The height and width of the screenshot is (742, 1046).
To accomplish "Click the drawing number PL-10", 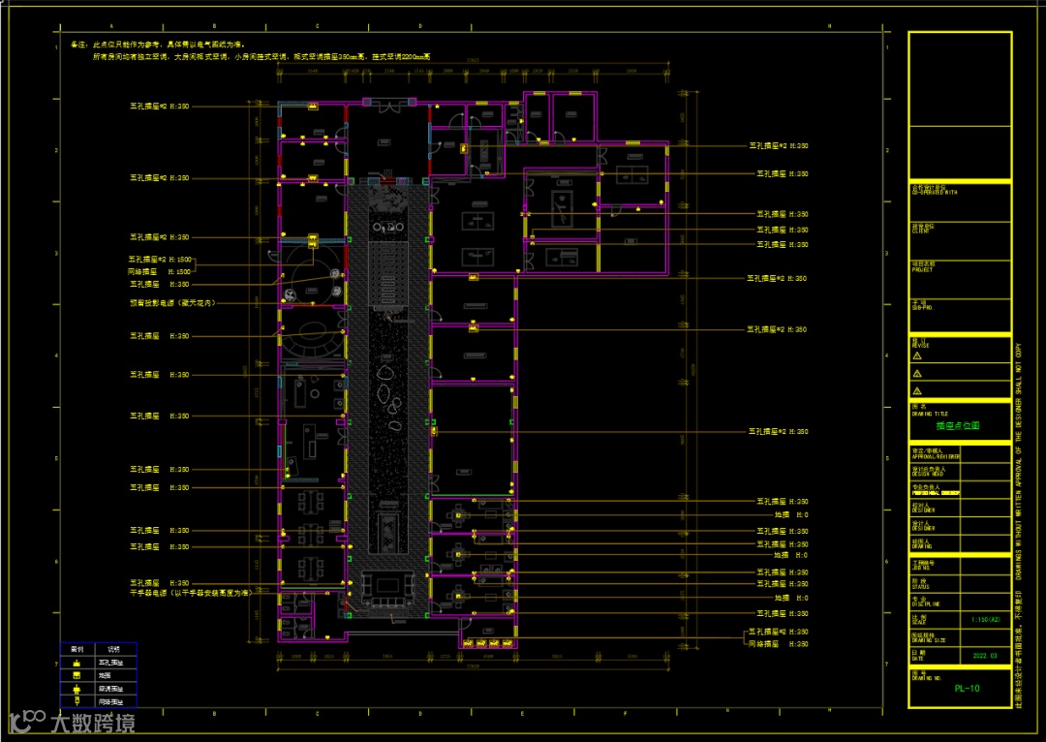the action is coord(966,689).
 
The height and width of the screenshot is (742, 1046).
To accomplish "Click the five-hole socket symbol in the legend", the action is coord(75,662).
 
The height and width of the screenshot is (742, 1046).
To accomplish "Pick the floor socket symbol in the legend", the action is coord(75,675).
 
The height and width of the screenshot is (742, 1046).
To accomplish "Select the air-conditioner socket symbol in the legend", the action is coord(75,688).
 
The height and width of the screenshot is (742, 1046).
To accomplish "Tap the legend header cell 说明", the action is coord(112,648).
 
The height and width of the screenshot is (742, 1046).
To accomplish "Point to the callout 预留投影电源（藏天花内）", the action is coord(171,303).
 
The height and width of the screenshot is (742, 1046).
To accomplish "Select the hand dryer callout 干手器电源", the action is coord(191,592).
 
